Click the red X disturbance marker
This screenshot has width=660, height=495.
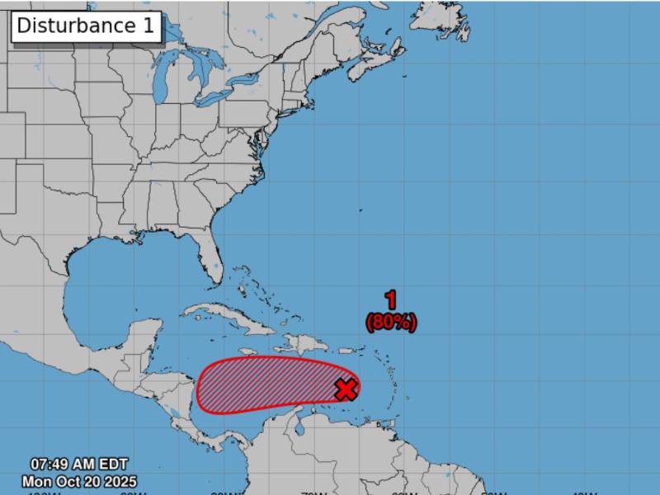346,389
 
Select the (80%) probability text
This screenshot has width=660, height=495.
391,322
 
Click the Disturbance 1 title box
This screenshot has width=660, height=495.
86,26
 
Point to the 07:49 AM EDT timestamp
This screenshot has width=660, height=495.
79,464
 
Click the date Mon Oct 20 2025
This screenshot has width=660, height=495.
79,481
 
